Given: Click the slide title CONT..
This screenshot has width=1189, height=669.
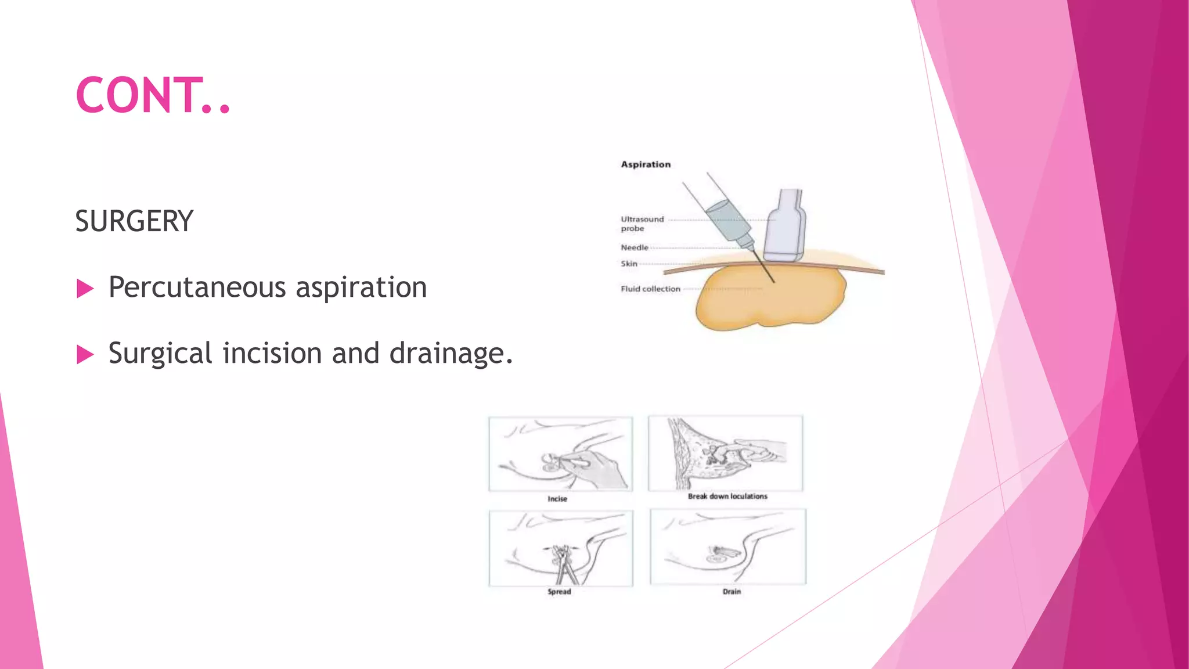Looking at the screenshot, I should click(152, 95).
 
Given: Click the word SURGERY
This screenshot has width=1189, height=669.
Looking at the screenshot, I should click(134, 221).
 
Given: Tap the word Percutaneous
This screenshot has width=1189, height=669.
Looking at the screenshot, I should click(197, 287).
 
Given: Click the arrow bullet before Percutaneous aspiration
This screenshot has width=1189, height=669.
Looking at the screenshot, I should click(85, 288).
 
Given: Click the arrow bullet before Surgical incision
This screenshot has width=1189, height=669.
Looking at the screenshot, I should click(85, 354).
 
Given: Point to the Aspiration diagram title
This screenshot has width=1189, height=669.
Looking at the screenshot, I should click(646, 164).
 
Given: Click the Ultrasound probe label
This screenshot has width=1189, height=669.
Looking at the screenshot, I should click(642, 224).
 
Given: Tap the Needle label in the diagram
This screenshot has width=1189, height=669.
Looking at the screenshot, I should click(634, 247).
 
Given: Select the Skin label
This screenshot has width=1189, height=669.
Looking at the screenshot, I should click(629, 264).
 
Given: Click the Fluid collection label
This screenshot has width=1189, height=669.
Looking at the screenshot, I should click(650, 289).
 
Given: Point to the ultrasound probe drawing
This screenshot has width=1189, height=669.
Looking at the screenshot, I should click(785, 226).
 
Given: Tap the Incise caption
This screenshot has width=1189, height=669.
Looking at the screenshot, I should click(557, 499).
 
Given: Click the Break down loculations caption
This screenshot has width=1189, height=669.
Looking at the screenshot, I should click(727, 496).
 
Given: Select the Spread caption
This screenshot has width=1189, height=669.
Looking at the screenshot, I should click(559, 592).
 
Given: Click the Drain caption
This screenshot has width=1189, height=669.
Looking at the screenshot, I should click(732, 592).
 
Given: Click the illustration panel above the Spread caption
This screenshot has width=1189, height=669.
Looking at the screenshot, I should click(561, 548).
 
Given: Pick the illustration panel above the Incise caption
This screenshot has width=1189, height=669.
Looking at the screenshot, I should click(561, 454).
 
